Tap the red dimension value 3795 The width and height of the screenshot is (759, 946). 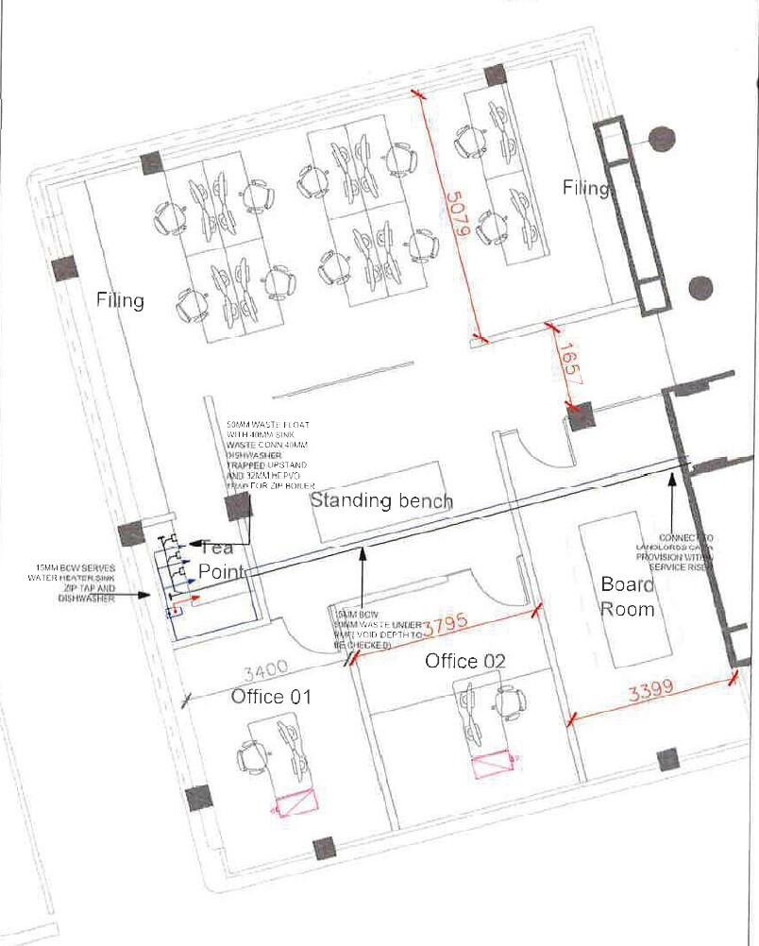click(x=446, y=627)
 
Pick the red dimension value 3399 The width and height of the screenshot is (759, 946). click(x=651, y=689)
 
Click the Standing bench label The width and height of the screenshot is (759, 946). click(x=381, y=499)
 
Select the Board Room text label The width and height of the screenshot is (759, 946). click(x=628, y=597)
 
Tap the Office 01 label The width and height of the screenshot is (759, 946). click(x=271, y=697)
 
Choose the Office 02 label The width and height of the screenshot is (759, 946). click(x=464, y=660)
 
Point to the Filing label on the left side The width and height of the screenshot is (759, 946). click(x=120, y=300)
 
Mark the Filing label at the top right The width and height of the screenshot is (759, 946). click(x=585, y=188)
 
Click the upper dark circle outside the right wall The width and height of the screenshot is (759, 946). click(x=664, y=138)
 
